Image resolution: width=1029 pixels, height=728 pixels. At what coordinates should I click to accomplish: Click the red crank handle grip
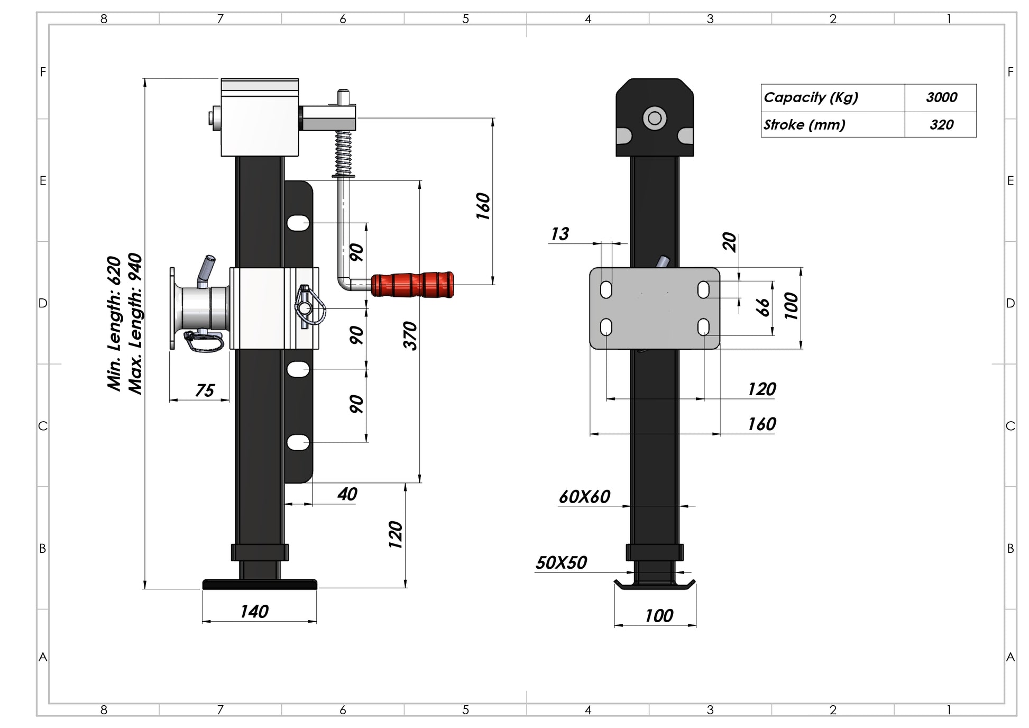412,285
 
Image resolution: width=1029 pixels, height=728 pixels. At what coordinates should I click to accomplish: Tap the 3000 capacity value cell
941,97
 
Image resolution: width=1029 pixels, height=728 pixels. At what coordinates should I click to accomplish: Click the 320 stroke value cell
941,125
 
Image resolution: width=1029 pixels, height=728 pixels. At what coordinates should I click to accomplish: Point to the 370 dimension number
410,335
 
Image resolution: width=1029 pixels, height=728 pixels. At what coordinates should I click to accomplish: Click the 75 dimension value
204,390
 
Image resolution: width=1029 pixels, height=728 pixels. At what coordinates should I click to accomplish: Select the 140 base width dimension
254,612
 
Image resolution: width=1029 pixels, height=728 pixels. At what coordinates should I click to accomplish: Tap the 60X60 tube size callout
584,496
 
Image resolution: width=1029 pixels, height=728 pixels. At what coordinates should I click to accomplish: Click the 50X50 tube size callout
561,562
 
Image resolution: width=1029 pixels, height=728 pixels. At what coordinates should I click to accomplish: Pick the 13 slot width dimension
559,234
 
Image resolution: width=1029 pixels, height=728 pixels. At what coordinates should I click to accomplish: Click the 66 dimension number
762,307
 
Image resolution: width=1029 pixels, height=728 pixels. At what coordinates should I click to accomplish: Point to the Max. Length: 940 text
135,324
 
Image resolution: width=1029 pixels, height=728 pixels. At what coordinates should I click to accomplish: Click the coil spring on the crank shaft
343,153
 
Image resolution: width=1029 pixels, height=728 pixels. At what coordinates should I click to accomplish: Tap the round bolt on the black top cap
654,118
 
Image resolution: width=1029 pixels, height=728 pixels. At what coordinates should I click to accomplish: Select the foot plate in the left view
260,584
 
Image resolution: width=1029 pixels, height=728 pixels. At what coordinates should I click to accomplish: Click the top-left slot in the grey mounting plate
606,290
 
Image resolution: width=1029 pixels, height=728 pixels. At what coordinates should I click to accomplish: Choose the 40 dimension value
347,494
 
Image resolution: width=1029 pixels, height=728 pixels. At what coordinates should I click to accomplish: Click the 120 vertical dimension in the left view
396,534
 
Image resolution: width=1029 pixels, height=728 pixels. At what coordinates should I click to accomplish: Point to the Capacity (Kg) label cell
832,97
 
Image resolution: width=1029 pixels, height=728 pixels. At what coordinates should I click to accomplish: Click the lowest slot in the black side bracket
298,442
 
